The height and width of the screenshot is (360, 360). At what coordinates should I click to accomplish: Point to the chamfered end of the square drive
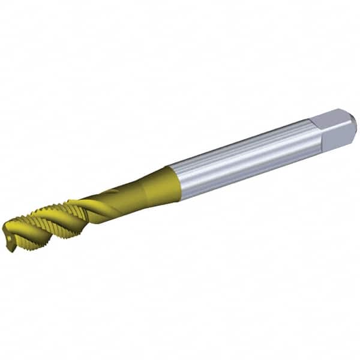point(353,124)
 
